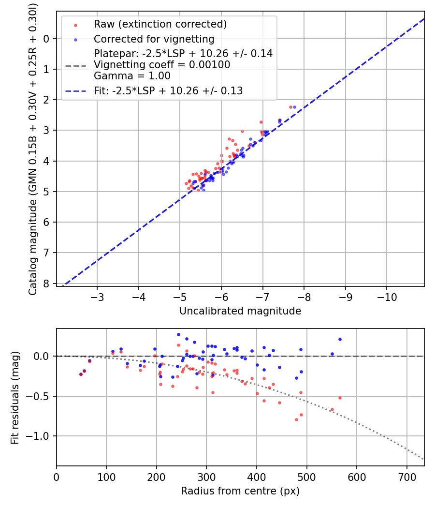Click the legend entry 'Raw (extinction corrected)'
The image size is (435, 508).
(x=160, y=24)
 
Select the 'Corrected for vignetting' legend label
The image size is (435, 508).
(x=154, y=39)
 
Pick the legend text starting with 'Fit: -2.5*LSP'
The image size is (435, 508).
(x=168, y=90)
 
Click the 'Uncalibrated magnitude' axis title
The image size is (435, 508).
(x=240, y=311)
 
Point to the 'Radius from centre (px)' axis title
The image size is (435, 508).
(x=240, y=491)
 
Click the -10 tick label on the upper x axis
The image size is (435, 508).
(x=386, y=297)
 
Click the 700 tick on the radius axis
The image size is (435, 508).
(x=406, y=477)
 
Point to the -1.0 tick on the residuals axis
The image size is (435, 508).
(x=41, y=436)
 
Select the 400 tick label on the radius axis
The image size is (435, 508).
(x=257, y=477)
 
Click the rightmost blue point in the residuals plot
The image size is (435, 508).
(x=340, y=339)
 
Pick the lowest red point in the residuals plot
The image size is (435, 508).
(x=296, y=419)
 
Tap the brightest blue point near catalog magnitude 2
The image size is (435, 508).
(x=294, y=107)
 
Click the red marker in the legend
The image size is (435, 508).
(x=75, y=24)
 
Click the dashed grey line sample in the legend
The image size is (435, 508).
(x=75, y=65)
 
